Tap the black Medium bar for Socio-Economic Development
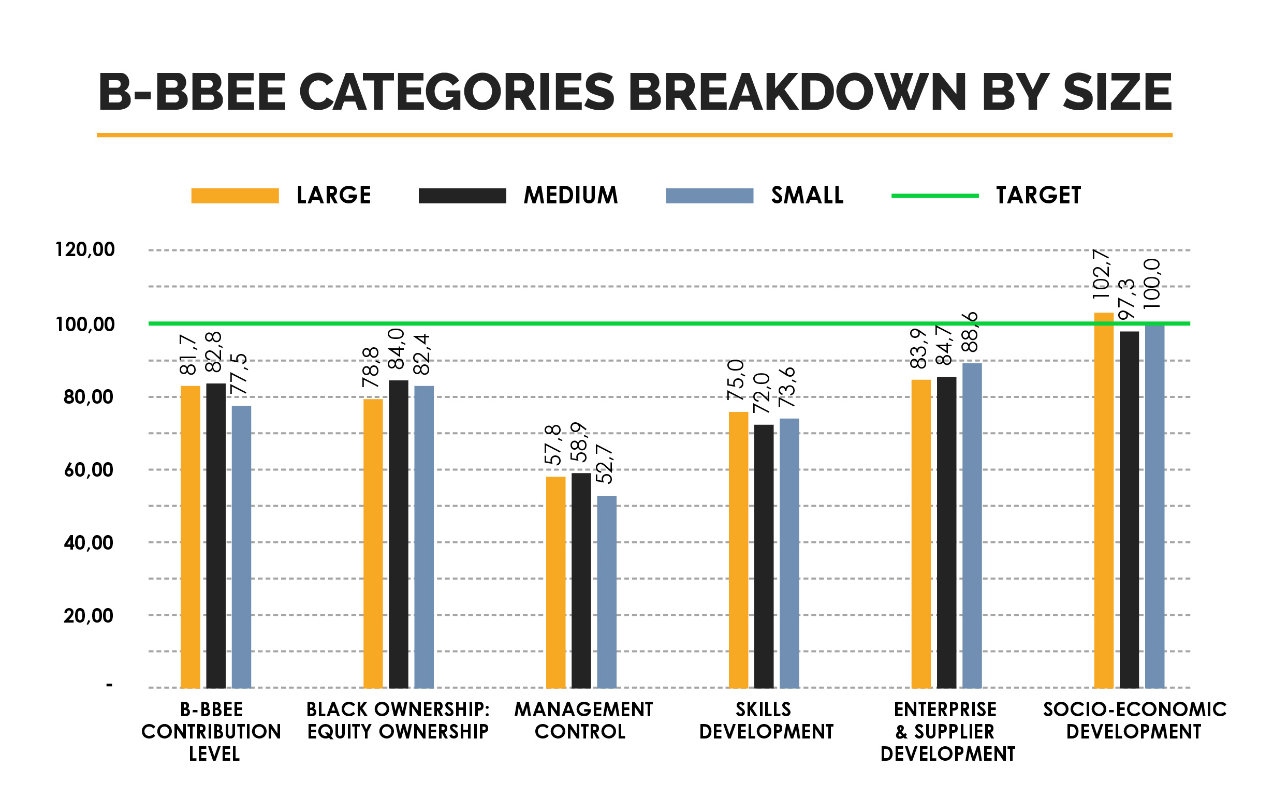(x=1129, y=509)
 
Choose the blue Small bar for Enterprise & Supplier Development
(x=972, y=525)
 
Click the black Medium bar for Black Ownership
(x=398, y=534)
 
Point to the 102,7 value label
(x=1102, y=274)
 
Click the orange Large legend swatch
(x=235, y=196)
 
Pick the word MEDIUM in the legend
(x=570, y=195)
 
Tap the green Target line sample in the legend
(x=934, y=196)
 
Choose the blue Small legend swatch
(x=709, y=196)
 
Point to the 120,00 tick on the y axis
(x=84, y=249)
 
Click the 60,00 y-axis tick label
(x=88, y=470)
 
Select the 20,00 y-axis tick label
(x=88, y=616)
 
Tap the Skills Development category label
(x=766, y=720)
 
